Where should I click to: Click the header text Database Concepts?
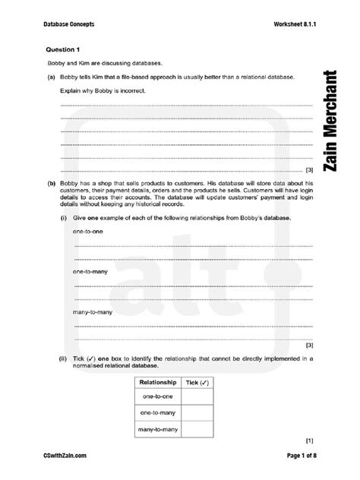pos(67,25)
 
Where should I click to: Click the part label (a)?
pos(49,77)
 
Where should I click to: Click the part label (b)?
pos(49,183)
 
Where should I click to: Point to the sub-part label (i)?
pos(64,218)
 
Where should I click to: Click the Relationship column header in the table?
pos(158,381)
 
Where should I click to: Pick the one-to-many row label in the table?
pos(158,413)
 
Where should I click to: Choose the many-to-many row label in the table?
pos(158,429)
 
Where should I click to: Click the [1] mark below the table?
pos(309,440)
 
